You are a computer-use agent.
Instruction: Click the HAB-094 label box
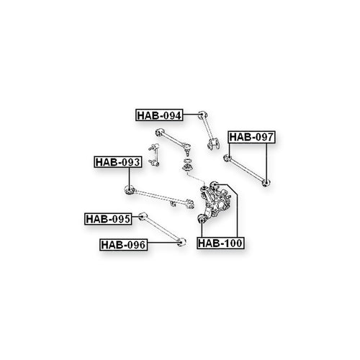pos(159,115)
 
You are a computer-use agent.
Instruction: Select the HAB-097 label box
pos(251,137)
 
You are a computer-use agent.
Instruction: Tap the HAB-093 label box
pos(117,162)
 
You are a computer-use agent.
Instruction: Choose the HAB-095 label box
pos(108,219)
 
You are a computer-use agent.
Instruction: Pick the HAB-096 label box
pos(123,245)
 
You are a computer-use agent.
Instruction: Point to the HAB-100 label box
pos(220,243)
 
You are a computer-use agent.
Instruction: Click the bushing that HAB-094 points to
pos(203,115)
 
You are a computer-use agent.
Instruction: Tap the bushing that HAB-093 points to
pos(130,190)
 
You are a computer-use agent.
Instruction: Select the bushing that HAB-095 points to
pos(143,217)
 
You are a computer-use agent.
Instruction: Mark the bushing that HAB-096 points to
pos(182,242)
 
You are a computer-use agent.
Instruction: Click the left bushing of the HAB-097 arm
pos(227,158)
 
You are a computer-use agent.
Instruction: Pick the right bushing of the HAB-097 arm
pos(266,183)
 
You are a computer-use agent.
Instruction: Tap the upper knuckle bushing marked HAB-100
pos(214,185)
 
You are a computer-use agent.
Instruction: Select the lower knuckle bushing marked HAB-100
pos(202,219)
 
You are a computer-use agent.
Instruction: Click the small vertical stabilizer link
pos(153,155)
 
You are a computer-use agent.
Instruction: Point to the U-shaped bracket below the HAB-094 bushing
pos(214,144)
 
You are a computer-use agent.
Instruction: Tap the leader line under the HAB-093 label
pos(130,177)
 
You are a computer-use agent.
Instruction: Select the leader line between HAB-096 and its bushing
pos(163,243)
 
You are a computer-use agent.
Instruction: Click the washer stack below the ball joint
pos(187,165)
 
